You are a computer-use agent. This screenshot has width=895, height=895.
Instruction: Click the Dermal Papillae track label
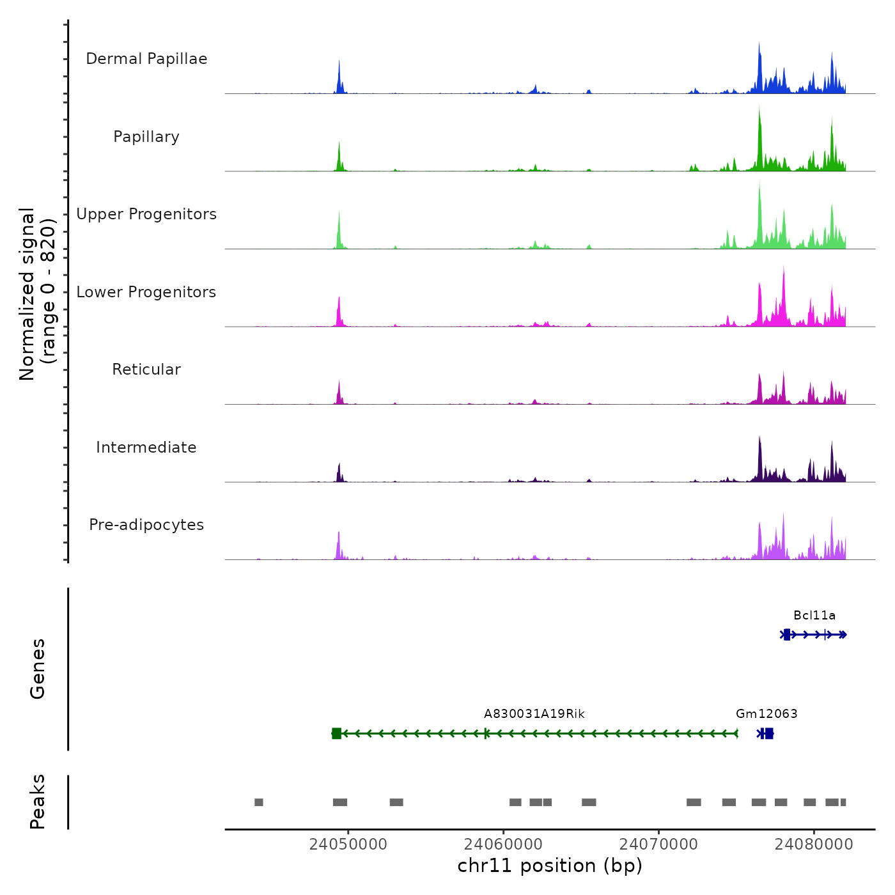[146, 59]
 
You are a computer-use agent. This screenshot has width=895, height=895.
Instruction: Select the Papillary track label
[146, 137]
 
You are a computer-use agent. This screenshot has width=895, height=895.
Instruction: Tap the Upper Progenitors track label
[146, 214]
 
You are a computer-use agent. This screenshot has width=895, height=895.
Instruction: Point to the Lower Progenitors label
[146, 292]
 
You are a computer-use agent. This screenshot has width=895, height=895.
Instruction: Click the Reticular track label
[146, 370]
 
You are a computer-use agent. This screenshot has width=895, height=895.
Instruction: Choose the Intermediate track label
[146, 447]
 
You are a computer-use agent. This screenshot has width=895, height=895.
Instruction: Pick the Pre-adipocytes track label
[146, 525]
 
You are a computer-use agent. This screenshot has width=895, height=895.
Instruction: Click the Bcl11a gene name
[814, 616]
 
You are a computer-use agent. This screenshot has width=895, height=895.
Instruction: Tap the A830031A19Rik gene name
[534, 714]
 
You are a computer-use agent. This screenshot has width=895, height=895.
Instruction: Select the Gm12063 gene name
[767, 714]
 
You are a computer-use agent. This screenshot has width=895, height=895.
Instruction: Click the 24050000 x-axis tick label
[348, 844]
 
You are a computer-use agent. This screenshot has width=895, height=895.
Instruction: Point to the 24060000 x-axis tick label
[503, 844]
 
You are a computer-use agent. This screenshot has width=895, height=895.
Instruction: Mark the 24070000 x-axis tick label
[658, 844]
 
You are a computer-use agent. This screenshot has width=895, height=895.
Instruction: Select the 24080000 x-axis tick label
[814, 844]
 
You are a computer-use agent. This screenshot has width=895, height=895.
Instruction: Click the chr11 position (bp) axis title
[550, 866]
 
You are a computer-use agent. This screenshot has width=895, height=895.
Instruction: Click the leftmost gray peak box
[259, 802]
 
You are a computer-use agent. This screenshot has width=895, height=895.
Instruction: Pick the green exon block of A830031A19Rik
[336, 733]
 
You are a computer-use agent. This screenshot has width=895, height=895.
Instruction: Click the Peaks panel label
[38, 802]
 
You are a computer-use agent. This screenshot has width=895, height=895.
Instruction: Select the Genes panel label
[38, 669]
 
